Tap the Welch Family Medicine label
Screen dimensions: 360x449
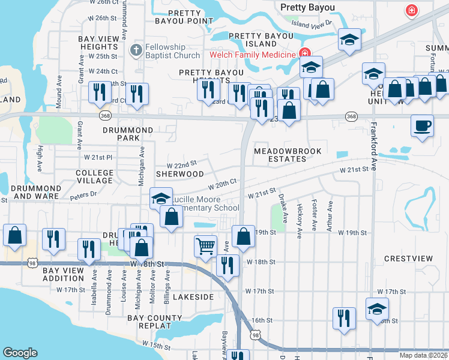[253, 55]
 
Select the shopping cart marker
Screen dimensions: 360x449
[205, 245]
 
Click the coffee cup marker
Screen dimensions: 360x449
[422, 126]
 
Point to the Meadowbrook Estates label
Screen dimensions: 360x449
[288, 155]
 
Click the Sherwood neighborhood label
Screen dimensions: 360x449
[180, 174]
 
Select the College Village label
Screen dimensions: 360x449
[95, 176]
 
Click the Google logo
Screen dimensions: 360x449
[20, 353]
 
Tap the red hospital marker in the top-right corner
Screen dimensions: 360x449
[411, 10]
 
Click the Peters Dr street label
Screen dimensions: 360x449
[83, 194]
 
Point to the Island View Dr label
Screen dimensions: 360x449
[312, 23]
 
